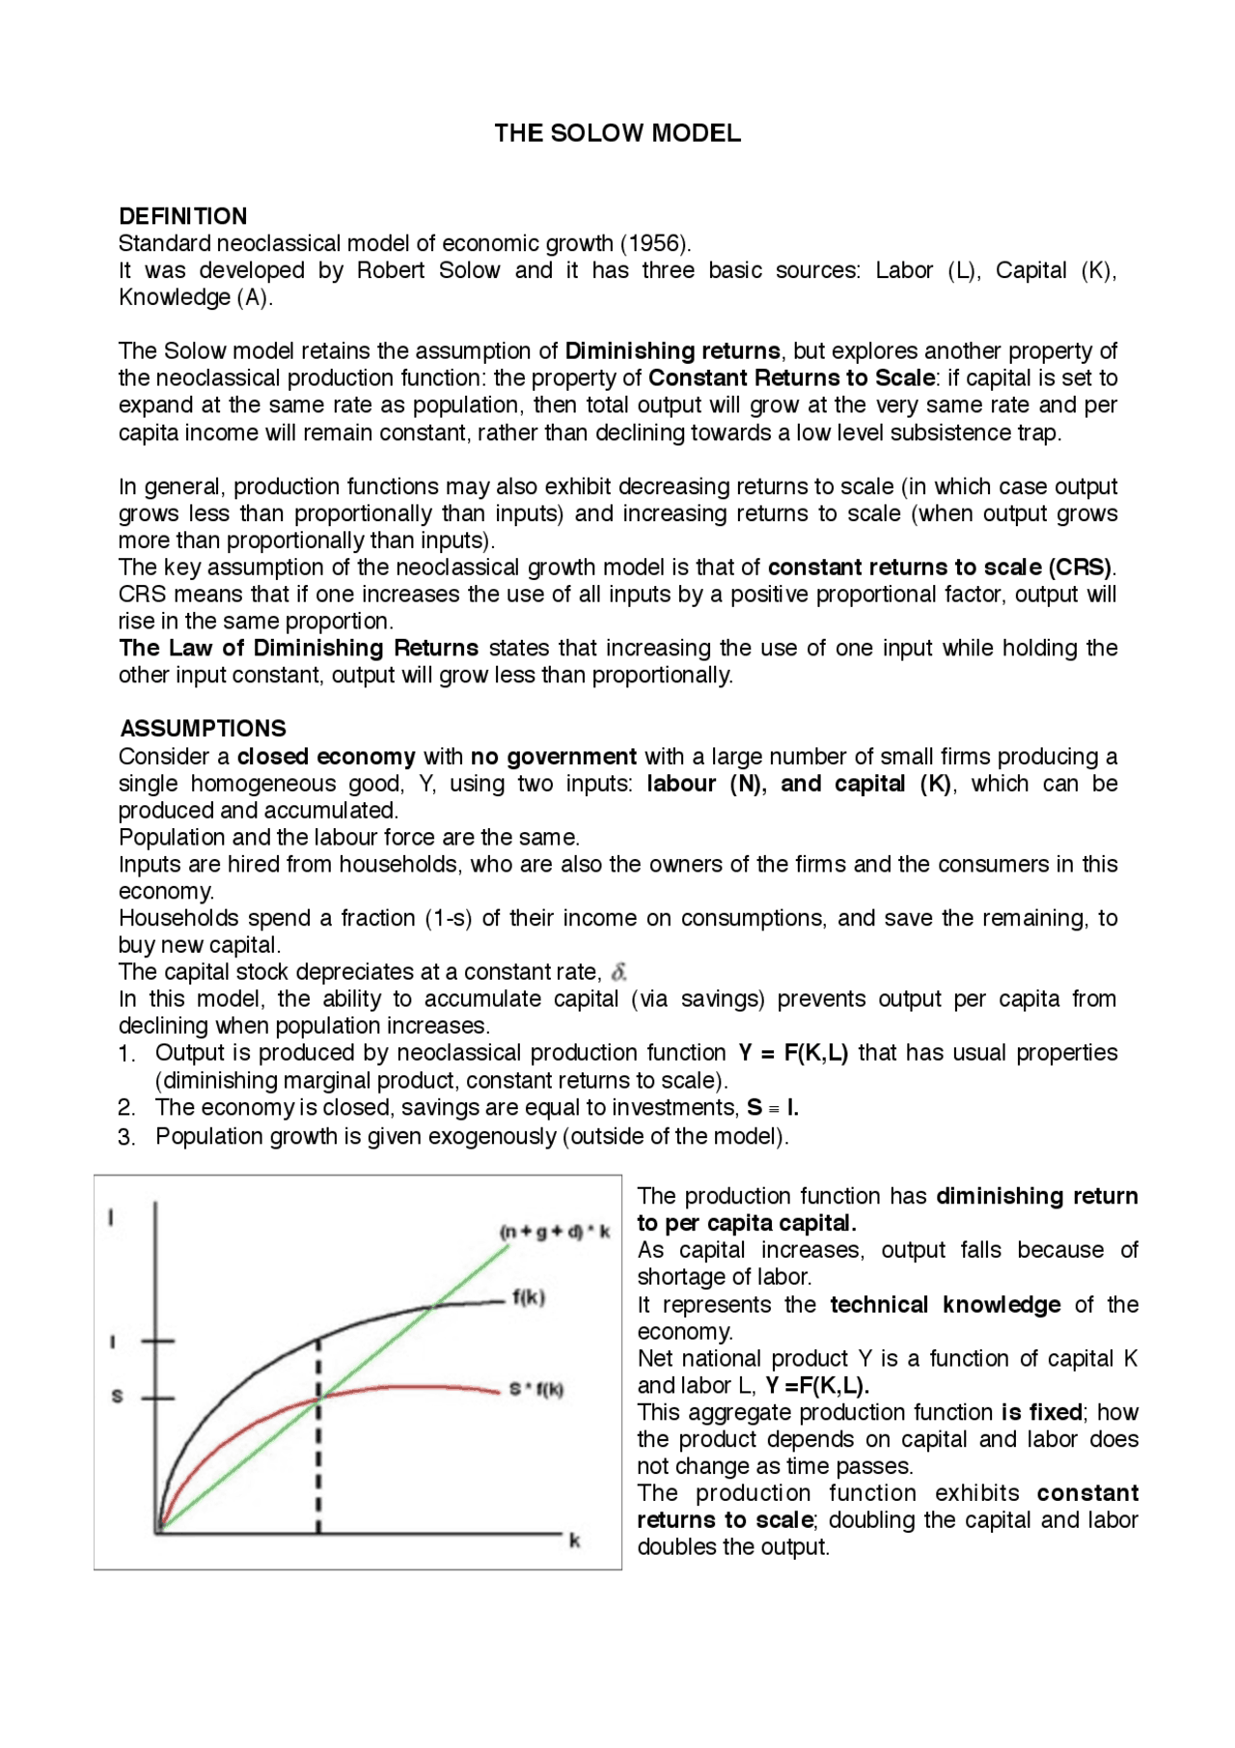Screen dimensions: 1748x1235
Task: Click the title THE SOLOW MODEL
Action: coord(617,133)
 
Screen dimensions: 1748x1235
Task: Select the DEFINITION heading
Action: coord(182,216)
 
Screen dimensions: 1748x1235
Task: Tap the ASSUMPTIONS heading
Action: coord(203,729)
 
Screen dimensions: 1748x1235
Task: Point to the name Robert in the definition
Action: coord(390,270)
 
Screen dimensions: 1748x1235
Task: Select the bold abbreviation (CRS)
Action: coord(1081,568)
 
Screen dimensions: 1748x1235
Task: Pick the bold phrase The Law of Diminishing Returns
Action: coord(299,649)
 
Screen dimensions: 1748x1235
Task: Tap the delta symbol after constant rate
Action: coord(618,972)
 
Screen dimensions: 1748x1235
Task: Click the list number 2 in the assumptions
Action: coord(126,1108)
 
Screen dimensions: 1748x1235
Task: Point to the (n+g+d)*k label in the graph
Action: coord(555,1233)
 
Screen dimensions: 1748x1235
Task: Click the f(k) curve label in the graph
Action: coord(529,1298)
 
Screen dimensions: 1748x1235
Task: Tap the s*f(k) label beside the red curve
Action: coord(536,1390)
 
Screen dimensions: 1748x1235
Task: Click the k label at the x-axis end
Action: coord(575,1541)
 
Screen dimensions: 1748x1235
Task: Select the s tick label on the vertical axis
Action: coord(118,1397)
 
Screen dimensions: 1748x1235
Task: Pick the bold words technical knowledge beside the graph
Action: coord(945,1305)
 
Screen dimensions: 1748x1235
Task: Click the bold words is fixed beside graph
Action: coord(1041,1413)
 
